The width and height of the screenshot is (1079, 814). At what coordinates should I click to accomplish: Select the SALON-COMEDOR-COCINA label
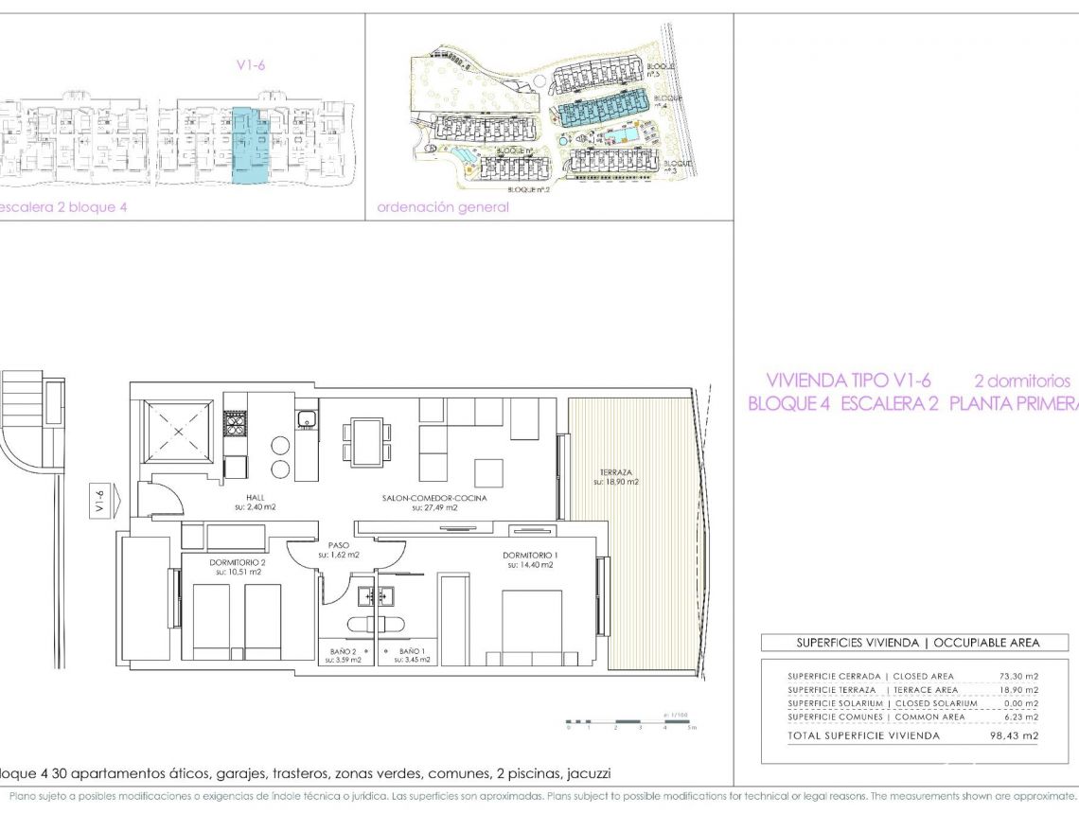[x=433, y=498]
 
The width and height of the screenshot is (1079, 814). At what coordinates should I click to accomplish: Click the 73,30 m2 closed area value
[x=1017, y=677]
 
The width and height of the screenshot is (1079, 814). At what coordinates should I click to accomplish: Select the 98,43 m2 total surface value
[x=1017, y=735]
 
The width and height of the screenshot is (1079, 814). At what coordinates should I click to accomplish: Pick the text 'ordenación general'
[x=442, y=207]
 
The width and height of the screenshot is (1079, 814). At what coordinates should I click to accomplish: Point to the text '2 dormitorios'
[x=1022, y=380]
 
